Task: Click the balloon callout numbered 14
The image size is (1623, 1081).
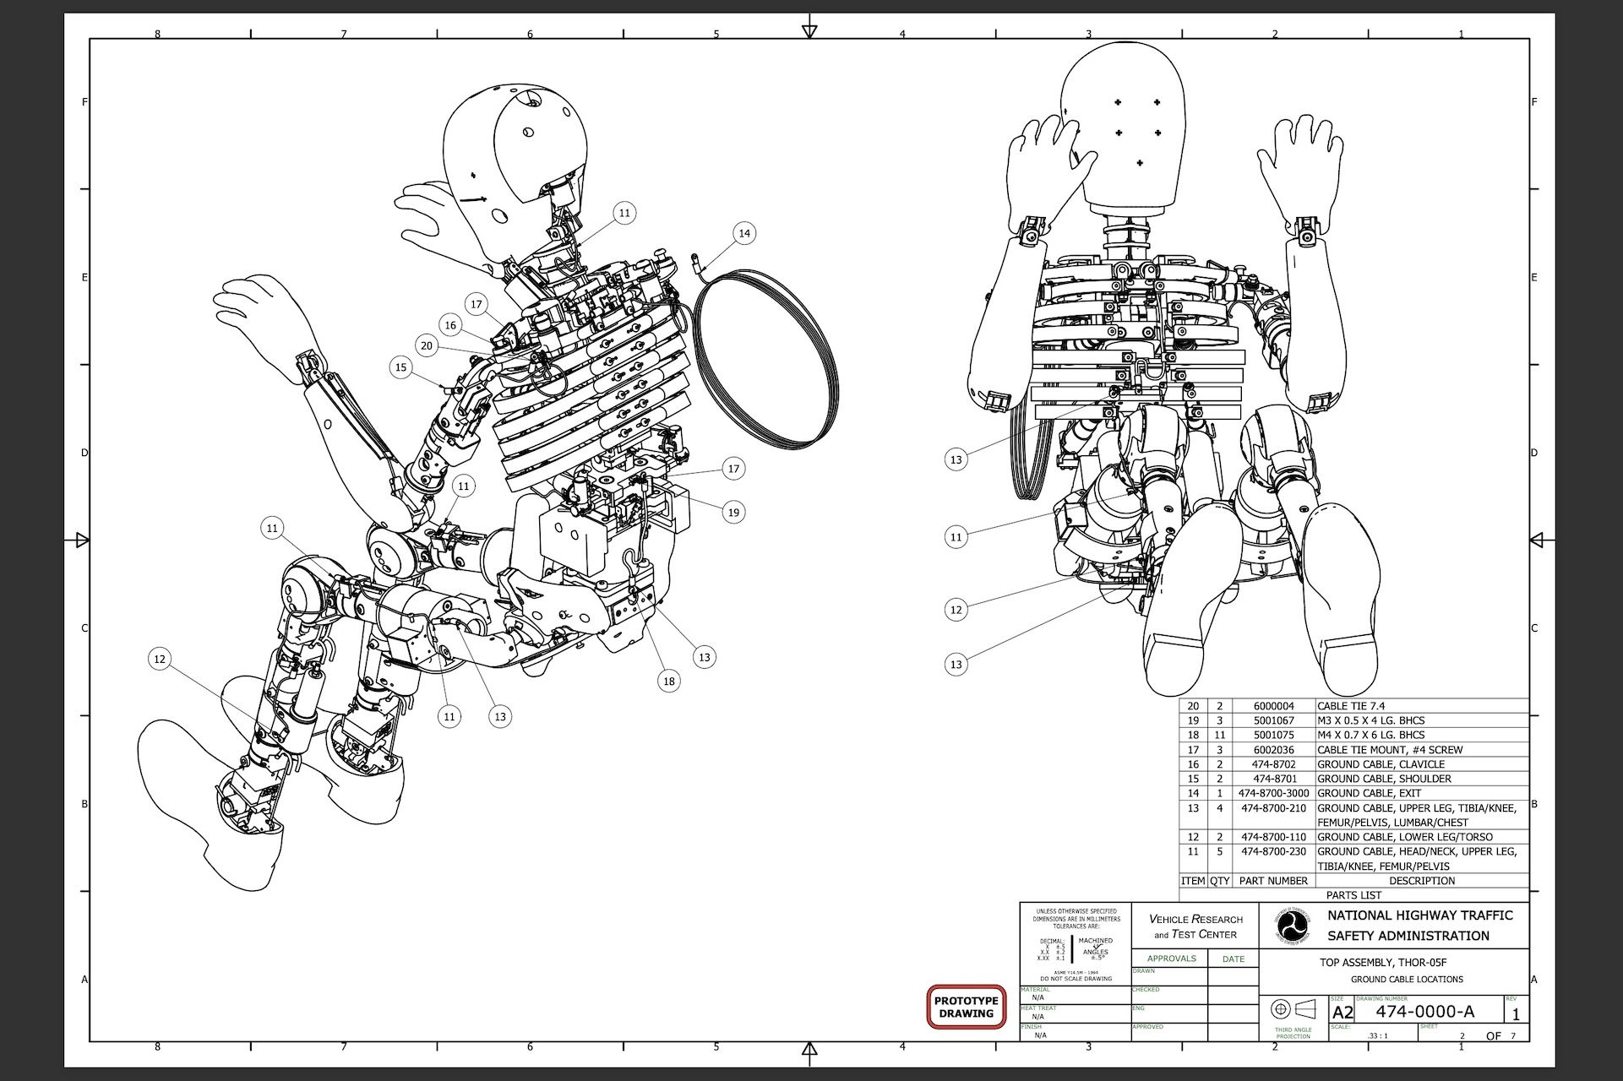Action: click(743, 233)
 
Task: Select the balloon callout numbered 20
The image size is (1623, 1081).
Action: click(427, 345)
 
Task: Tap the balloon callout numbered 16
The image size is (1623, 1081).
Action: click(450, 325)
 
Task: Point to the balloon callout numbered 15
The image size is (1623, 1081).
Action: click(401, 367)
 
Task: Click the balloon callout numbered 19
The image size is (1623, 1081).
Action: click(733, 512)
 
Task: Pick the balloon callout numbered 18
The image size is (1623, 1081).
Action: click(669, 681)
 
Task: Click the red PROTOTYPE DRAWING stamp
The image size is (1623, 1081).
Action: click(966, 1007)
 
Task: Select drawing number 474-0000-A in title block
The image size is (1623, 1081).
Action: click(1424, 1011)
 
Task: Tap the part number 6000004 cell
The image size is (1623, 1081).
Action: click(1273, 706)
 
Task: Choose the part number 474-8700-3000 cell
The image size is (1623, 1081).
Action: click(1273, 793)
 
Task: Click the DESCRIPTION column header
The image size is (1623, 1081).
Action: click(1422, 881)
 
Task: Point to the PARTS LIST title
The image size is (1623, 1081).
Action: click(1353, 895)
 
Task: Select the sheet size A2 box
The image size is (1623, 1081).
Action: click(1342, 1013)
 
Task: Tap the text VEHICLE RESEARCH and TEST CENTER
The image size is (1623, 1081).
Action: click(1195, 926)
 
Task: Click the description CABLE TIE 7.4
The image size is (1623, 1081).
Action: click(1351, 706)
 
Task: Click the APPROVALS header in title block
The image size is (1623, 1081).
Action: click(1171, 959)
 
